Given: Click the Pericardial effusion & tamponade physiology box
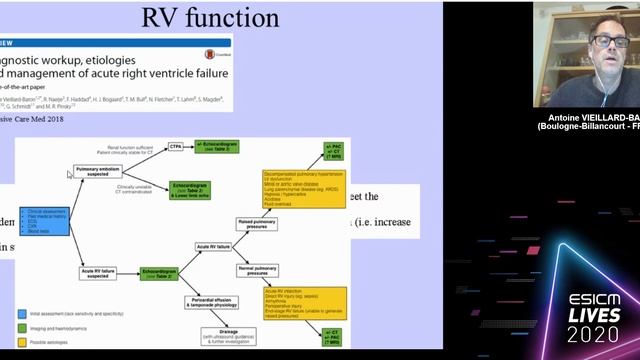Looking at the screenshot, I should tap(213, 301).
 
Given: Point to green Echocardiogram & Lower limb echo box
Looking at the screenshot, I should tap(196, 189).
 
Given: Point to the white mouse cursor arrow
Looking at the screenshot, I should tap(69, 175).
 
